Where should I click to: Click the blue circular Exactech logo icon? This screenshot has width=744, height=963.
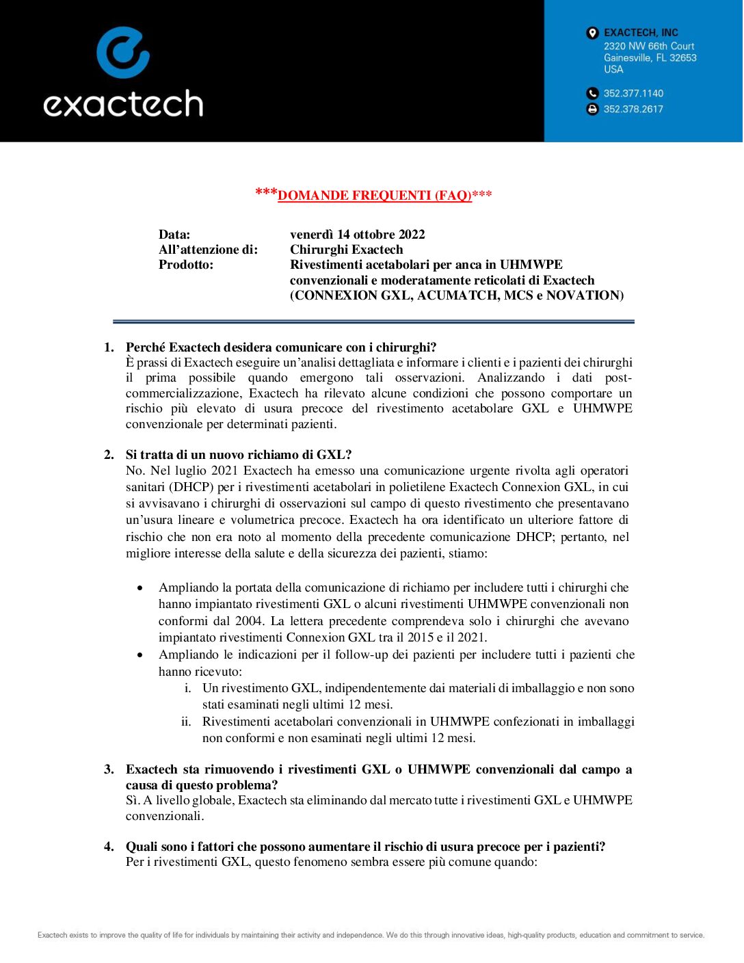coord(123,53)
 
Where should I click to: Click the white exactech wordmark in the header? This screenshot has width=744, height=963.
coord(123,104)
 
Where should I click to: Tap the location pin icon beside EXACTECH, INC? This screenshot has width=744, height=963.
coord(592,33)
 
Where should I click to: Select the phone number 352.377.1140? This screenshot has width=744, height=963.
coord(633,94)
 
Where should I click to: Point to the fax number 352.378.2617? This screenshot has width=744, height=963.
coord(633,109)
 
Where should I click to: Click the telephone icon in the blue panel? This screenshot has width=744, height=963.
coord(592,94)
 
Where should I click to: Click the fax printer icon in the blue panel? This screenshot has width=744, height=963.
coord(592,109)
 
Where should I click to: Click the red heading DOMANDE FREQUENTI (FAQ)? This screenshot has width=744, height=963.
coord(375,196)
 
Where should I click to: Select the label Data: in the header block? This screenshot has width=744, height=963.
coord(174,235)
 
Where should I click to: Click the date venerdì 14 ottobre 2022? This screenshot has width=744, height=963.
coord(357,235)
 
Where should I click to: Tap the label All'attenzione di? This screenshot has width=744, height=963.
coord(208,250)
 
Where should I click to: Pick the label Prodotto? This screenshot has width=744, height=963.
coord(186,265)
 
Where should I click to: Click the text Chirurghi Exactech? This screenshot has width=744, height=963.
coord(346,250)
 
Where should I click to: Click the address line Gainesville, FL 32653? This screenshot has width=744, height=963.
coord(650,58)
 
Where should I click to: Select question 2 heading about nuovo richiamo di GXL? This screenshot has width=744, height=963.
coord(239,455)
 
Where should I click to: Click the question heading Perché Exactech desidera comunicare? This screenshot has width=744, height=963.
coord(281,347)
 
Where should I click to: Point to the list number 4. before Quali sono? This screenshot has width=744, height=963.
coord(109,847)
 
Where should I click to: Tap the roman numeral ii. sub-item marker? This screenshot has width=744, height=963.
coord(186,722)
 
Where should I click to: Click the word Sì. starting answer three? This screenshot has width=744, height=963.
coord(133,800)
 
